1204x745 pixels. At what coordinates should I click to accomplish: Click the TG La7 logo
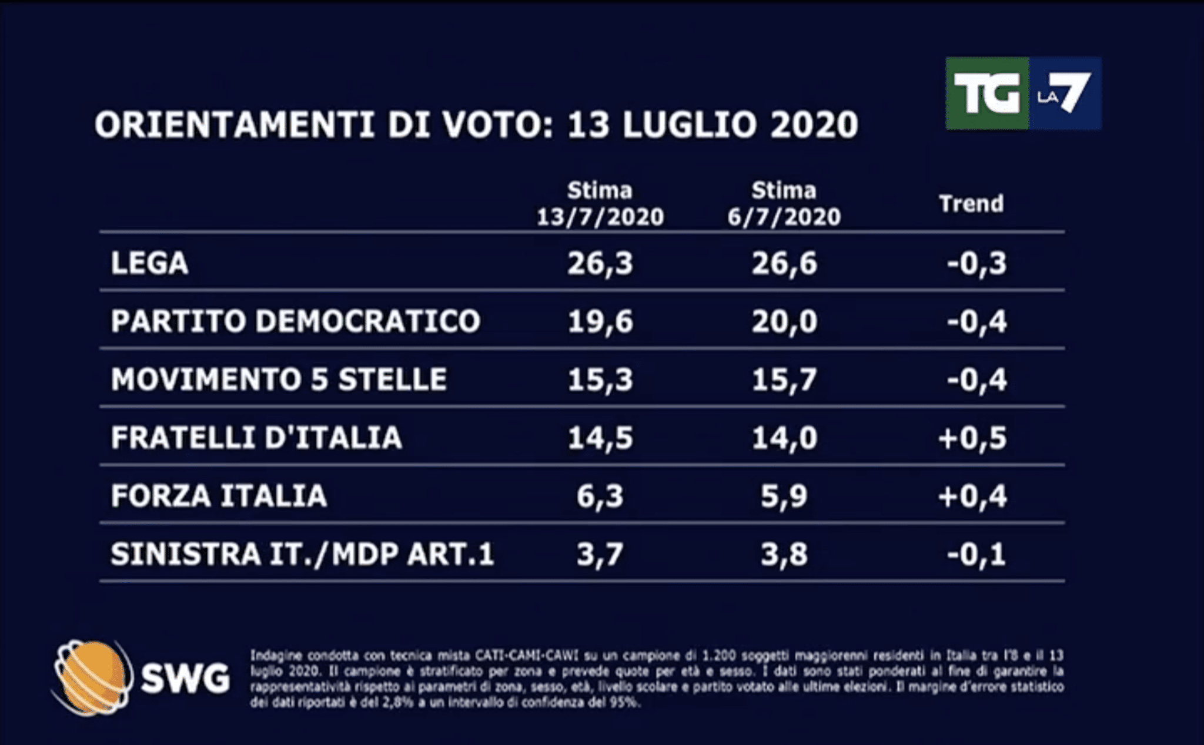[1023, 93]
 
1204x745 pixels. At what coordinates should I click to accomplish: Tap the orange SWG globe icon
[91, 678]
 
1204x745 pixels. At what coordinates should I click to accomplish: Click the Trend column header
[971, 204]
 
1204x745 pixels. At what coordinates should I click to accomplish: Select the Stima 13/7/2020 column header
[600, 204]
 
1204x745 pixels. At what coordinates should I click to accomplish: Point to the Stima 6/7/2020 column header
[784, 204]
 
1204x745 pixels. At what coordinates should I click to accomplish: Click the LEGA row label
[150, 263]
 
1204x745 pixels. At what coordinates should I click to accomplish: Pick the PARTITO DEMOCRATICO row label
[296, 321]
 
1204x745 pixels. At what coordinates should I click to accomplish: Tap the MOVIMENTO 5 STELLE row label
[279, 380]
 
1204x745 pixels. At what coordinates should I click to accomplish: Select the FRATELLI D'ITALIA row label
[256, 438]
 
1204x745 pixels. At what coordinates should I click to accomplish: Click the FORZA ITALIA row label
[219, 496]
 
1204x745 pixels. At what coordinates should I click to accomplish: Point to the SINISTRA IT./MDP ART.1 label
[302, 554]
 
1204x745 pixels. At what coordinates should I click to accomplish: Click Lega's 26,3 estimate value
[600, 263]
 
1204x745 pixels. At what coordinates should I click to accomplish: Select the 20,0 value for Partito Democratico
[784, 321]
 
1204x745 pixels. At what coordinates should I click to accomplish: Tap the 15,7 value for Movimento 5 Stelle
[784, 380]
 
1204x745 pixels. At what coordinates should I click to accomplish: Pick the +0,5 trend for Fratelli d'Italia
[972, 438]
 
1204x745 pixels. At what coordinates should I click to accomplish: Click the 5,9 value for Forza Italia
[784, 496]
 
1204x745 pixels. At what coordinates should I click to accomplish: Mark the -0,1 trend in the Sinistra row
[976, 554]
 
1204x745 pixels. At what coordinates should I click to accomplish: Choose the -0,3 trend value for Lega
[976, 263]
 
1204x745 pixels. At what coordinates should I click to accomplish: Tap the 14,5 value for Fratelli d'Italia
[600, 438]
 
